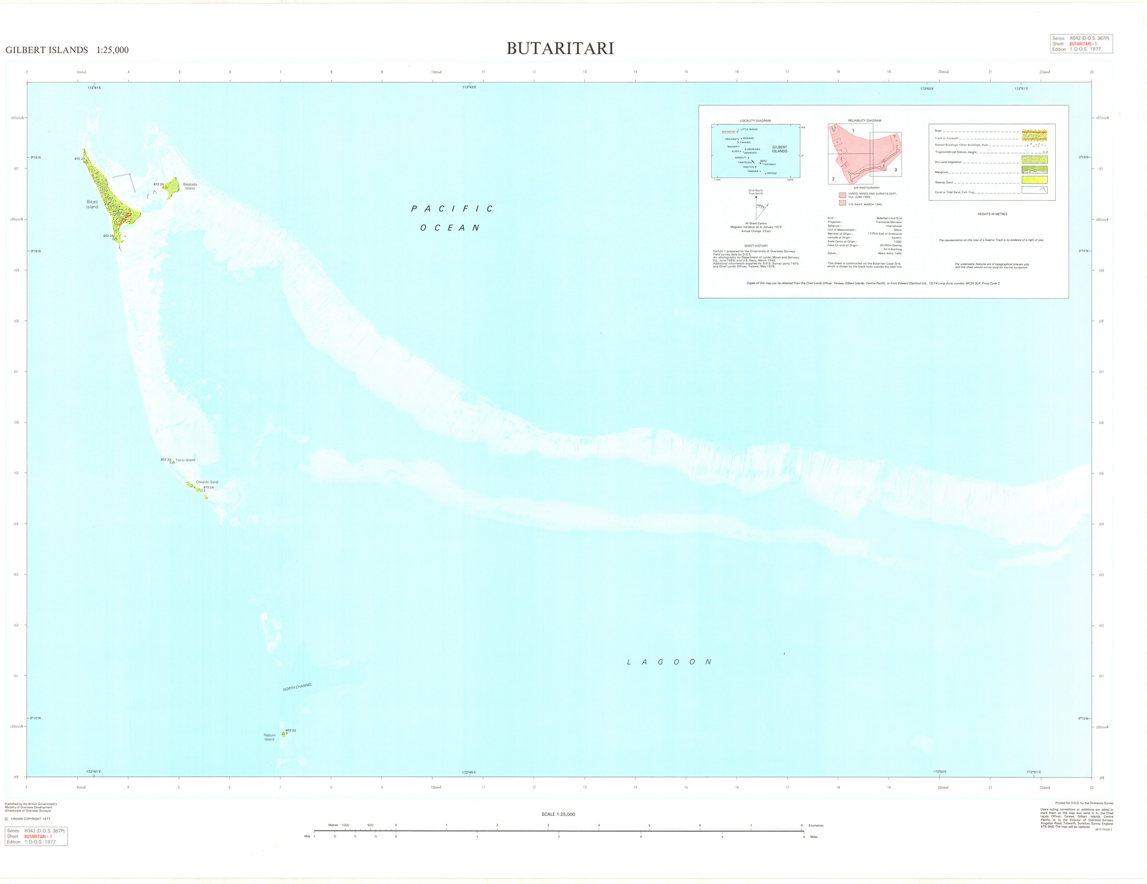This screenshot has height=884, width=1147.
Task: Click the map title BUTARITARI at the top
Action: pyautogui.click(x=560, y=49)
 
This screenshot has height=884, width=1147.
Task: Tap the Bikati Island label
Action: pyautogui.click(x=92, y=204)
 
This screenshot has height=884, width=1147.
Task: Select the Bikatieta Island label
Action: pyautogui.click(x=190, y=186)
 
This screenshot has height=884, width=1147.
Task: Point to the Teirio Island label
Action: pyautogui.click(x=185, y=460)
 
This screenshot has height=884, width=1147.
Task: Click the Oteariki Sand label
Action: pyautogui.click(x=207, y=482)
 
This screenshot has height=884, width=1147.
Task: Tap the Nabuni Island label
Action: pyautogui.click(x=269, y=737)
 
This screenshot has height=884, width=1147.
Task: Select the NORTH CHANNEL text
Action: pyautogui.click(x=297, y=687)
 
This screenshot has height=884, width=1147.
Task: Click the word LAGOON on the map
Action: pyautogui.click(x=669, y=662)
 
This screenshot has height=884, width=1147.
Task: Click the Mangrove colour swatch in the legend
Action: pyautogui.click(x=1034, y=170)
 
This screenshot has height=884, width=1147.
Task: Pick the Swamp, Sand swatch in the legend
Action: pyautogui.click(x=1034, y=180)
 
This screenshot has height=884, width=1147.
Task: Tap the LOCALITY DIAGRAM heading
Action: pyautogui.click(x=755, y=121)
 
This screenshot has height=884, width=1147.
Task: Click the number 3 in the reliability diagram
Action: pyautogui.click(x=895, y=170)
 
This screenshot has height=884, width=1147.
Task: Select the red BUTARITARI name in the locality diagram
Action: pyautogui.click(x=728, y=132)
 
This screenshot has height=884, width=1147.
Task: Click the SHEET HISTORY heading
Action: pyautogui.click(x=756, y=246)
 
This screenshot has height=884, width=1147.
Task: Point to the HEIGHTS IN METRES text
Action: pyautogui.click(x=992, y=214)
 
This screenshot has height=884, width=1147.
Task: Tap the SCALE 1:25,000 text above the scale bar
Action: pyautogui.click(x=558, y=814)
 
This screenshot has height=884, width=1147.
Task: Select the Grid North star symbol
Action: pyautogui.click(x=756, y=197)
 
